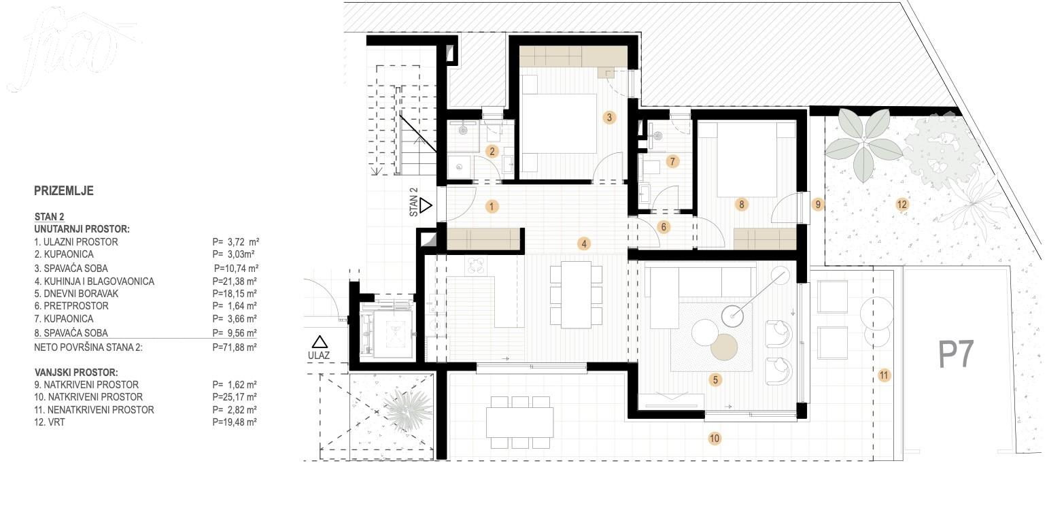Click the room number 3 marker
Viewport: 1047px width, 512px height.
pyautogui.click(x=609, y=118)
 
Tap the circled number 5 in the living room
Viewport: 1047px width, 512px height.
pyautogui.click(x=715, y=379)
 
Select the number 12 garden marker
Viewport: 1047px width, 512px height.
pyautogui.click(x=902, y=205)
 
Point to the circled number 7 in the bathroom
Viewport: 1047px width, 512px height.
pyautogui.click(x=672, y=162)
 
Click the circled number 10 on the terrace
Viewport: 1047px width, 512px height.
pyautogui.click(x=715, y=438)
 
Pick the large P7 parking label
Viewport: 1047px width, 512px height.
pyautogui.click(x=957, y=354)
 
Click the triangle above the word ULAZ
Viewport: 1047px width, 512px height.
pyautogui.click(x=320, y=342)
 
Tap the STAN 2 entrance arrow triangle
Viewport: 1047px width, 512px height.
pyautogui.click(x=426, y=205)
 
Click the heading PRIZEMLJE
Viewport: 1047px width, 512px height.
pyautogui.click(x=64, y=191)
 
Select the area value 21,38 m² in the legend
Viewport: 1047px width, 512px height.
pyautogui.click(x=235, y=281)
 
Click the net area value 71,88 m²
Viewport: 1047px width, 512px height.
pyautogui.click(x=235, y=347)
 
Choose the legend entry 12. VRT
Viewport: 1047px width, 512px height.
pyautogui.click(x=49, y=422)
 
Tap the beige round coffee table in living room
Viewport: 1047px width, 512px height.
pyautogui.click(x=724, y=347)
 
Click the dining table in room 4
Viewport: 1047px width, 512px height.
pyautogui.click(x=576, y=294)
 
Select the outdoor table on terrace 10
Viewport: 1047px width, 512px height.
pyautogui.click(x=519, y=422)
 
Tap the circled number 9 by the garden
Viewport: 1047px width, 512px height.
pyautogui.click(x=817, y=205)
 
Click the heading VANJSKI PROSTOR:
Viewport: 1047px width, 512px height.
pyautogui.click(x=76, y=373)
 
